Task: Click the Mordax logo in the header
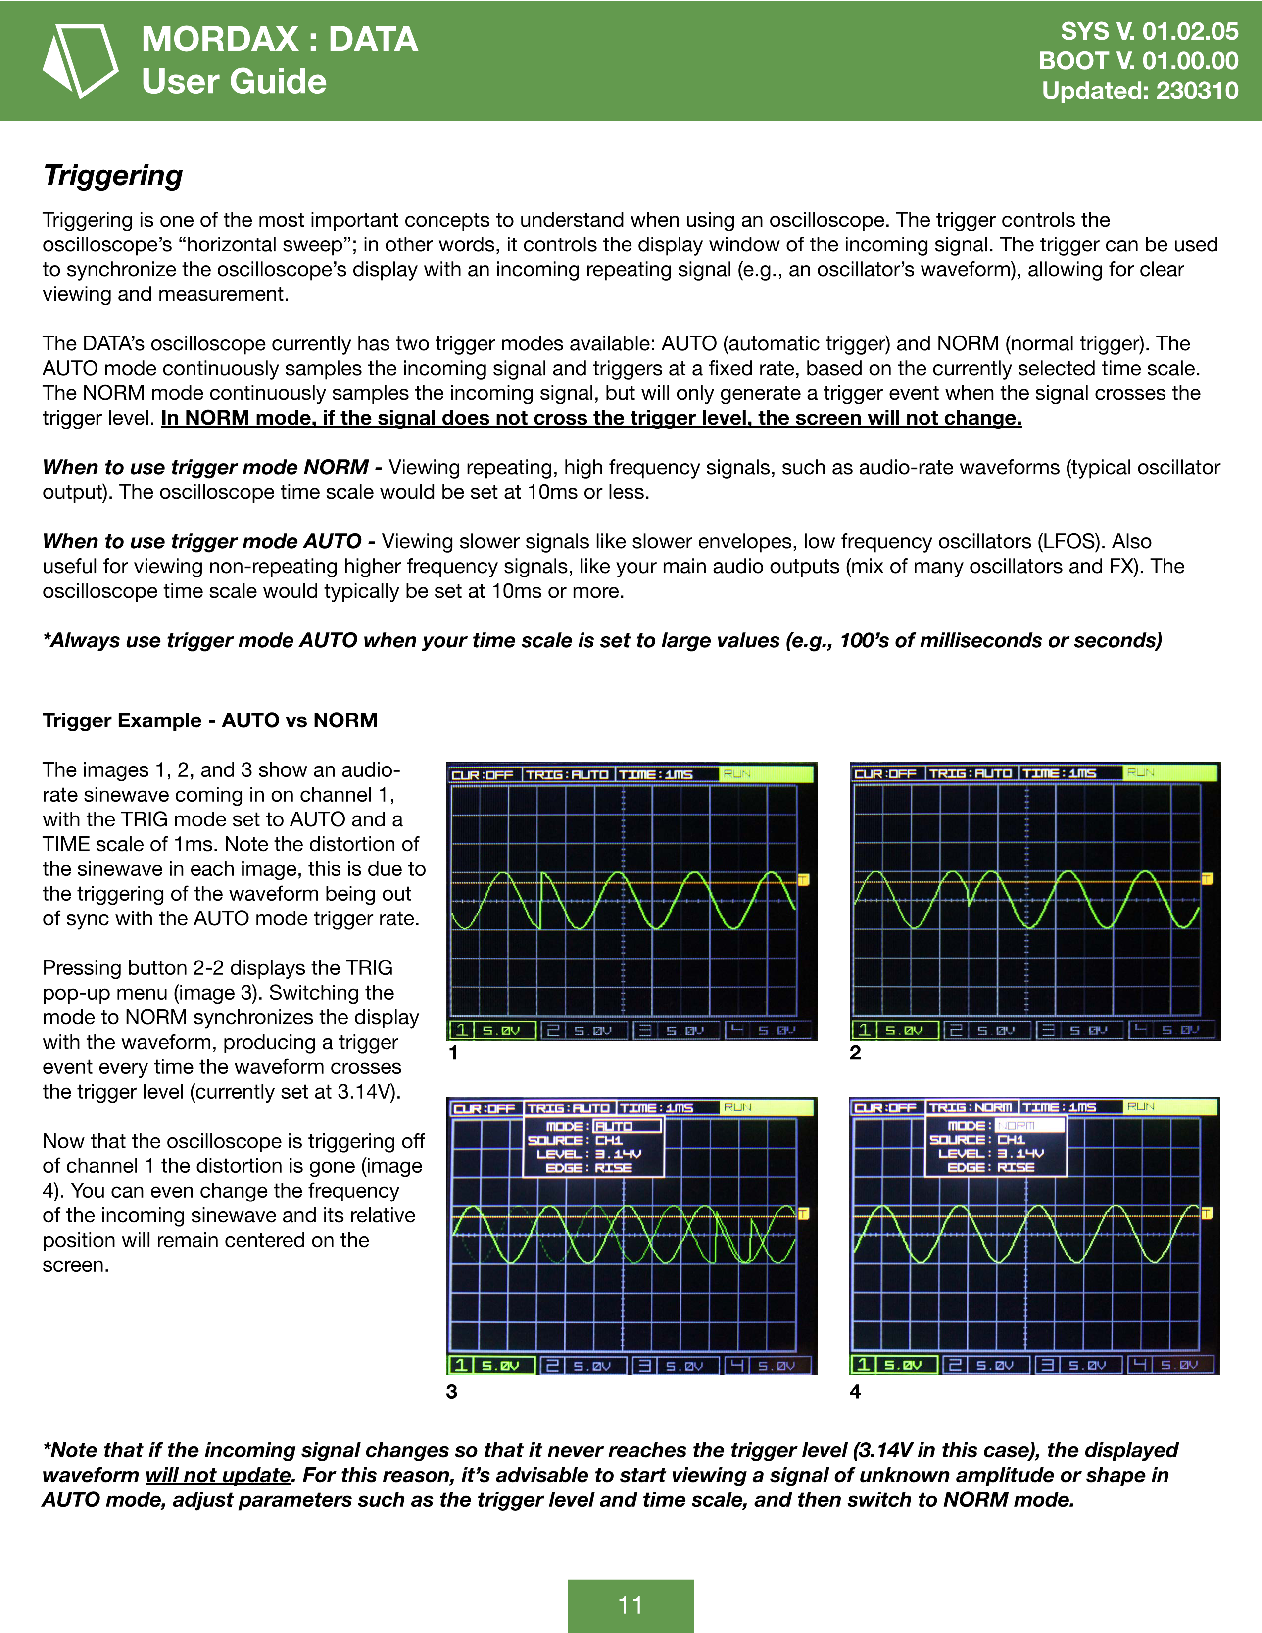[x=80, y=60]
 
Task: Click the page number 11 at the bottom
[x=630, y=1605]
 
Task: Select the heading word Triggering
[x=113, y=175]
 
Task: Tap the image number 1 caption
[x=453, y=1053]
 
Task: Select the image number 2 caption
[x=855, y=1053]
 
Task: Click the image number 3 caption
[x=451, y=1392]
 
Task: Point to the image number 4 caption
[x=855, y=1392]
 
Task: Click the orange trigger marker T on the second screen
[x=1207, y=878]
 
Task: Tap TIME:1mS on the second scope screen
[x=1060, y=773]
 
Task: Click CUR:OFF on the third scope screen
[x=484, y=1108]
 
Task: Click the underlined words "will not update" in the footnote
[x=218, y=1475]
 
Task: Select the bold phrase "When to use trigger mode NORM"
[x=205, y=467]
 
